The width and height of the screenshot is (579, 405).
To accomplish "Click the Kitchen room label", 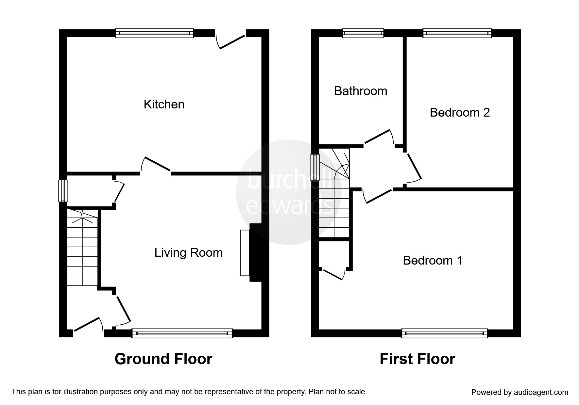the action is (x=164, y=105).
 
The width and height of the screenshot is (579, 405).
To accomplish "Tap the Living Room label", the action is (x=189, y=253).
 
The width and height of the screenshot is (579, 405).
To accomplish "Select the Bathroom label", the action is (x=361, y=91).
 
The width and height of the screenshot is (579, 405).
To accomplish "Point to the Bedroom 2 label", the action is (x=460, y=112).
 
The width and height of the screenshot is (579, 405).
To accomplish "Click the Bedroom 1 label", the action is (x=433, y=260).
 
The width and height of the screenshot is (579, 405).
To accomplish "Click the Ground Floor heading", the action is (x=163, y=359).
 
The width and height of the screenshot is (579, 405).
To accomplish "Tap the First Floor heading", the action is (x=417, y=359).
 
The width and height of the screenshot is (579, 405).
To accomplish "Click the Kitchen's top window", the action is (x=154, y=33).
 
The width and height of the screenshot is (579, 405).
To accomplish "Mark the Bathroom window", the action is (x=363, y=33).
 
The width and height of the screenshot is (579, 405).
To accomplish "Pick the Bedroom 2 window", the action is (x=457, y=33).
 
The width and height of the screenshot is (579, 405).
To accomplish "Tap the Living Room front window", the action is (x=182, y=333).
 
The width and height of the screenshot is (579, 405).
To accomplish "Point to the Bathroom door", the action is (x=379, y=137).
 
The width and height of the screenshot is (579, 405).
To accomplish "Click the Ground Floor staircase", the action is (x=82, y=247).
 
